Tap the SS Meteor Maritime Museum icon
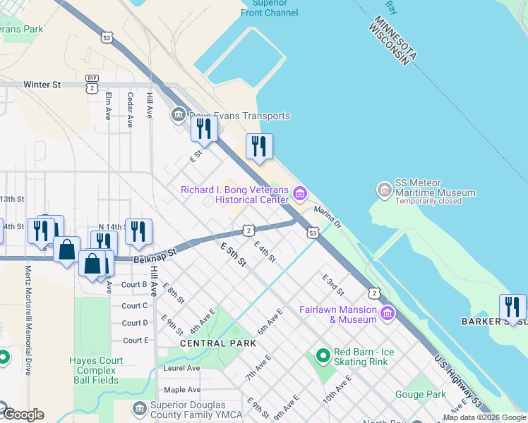(384, 190)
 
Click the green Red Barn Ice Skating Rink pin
(323, 357)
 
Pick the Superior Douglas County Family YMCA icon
(138, 408)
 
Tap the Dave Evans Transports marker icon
(177, 115)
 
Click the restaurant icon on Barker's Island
(512, 307)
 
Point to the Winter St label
(42, 85)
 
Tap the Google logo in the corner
(24, 415)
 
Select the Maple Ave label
(182, 389)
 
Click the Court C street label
(135, 306)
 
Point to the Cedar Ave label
(130, 109)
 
